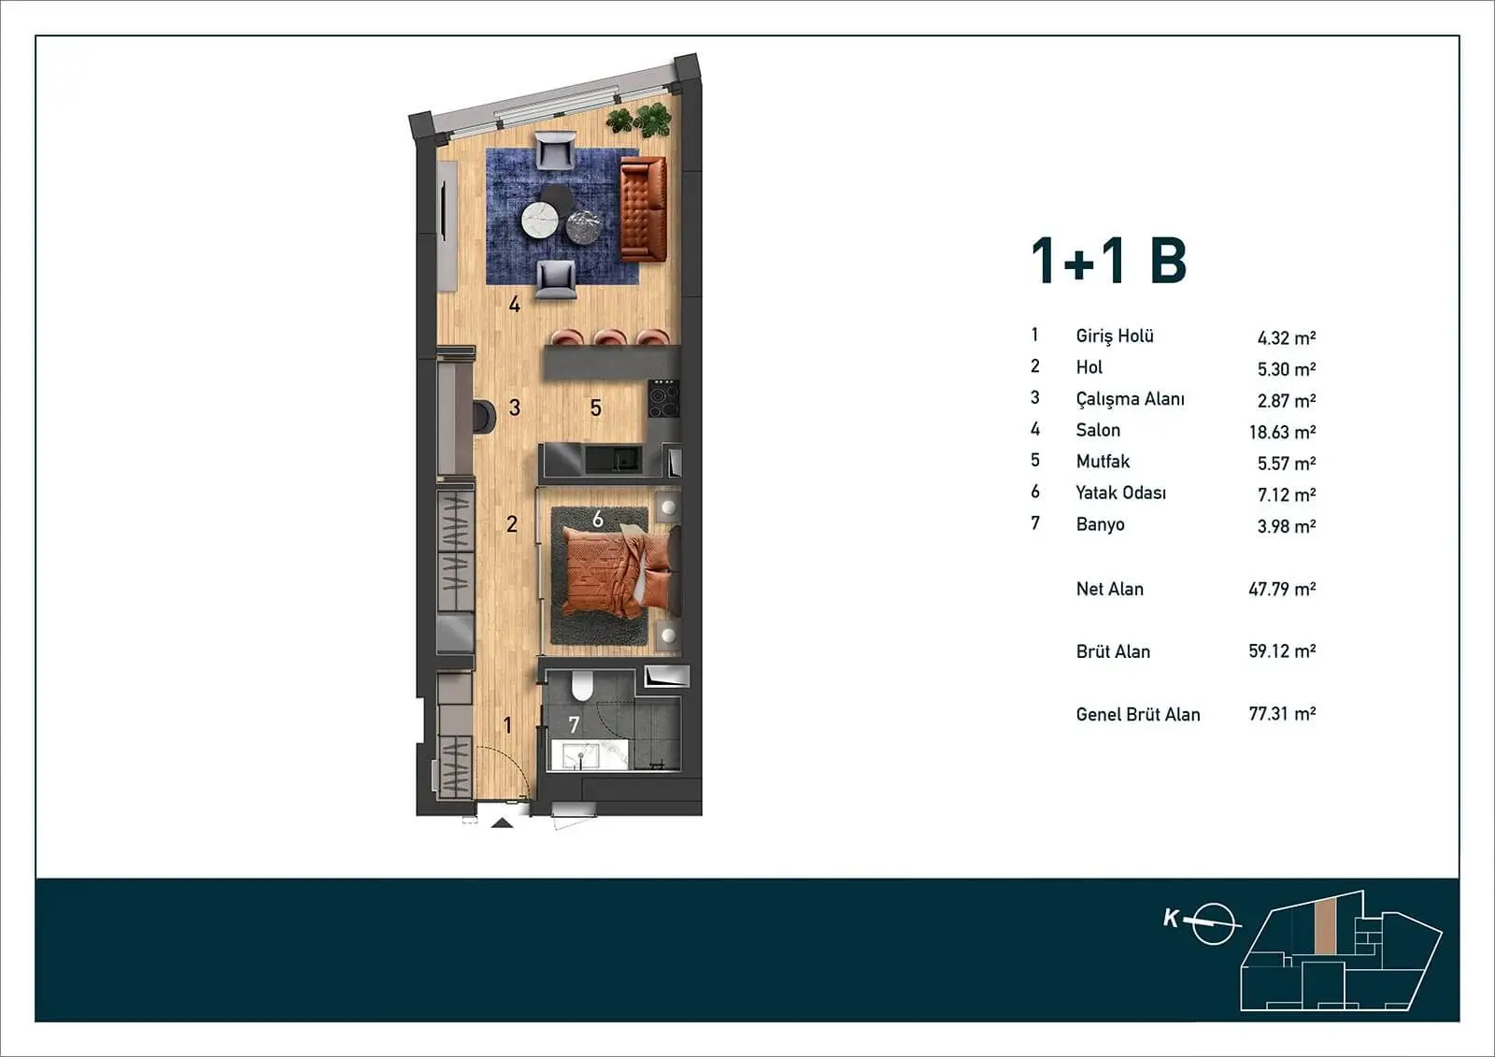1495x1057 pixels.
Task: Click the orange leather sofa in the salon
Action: pyautogui.click(x=644, y=208)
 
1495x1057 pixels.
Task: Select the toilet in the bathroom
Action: pyautogui.click(x=582, y=686)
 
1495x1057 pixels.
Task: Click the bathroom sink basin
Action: pyautogui.click(x=579, y=756)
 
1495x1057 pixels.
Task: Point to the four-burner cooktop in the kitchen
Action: pyautogui.click(x=664, y=399)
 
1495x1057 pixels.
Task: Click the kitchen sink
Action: pyautogui.click(x=613, y=460)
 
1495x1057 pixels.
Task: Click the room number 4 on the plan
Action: pyautogui.click(x=514, y=305)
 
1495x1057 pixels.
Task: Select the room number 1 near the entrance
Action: pyautogui.click(x=508, y=724)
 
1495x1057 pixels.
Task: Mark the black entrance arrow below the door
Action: pyautogui.click(x=502, y=823)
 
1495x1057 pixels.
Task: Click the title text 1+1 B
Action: pyautogui.click(x=1108, y=261)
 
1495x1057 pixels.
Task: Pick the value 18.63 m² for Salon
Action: pyautogui.click(x=1282, y=432)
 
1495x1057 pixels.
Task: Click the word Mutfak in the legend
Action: pyautogui.click(x=1103, y=462)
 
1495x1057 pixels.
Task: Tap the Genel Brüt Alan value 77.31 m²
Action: pyautogui.click(x=1282, y=714)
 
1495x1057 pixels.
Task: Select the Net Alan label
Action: pyautogui.click(x=1109, y=589)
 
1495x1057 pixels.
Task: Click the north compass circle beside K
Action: pyautogui.click(x=1213, y=924)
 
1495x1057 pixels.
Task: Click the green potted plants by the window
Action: pyautogui.click(x=639, y=121)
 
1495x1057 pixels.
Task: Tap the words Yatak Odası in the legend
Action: pyautogui.click(x=1120, y=493)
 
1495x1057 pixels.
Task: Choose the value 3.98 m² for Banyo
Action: pyautogui.click(x=1286, y=526)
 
